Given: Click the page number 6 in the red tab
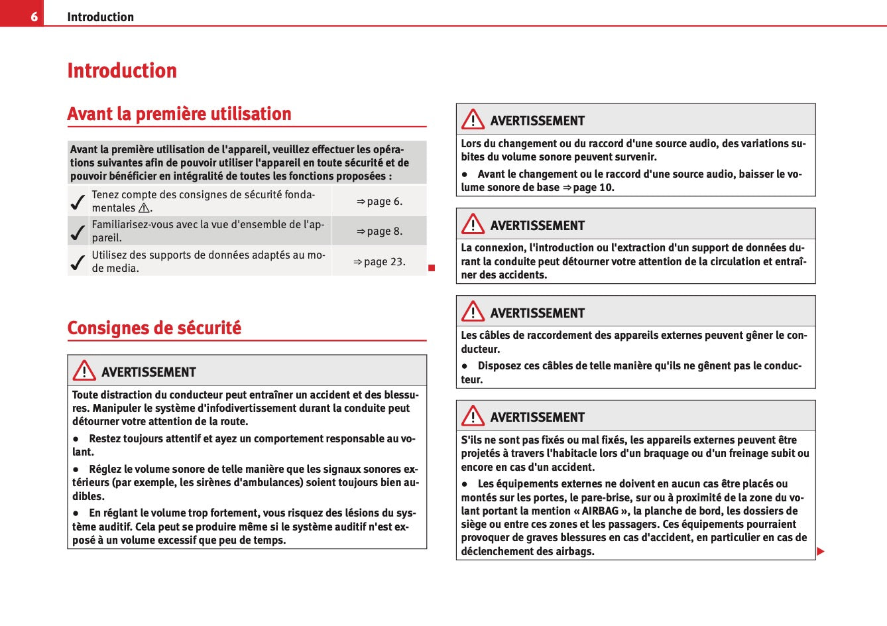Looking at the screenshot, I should click(x=34, y=17).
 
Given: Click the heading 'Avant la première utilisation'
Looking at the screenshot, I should click(x=179, y=114).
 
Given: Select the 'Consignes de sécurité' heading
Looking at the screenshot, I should click(x=154, y=328).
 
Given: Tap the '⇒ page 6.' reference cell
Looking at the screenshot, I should click(x=379, y=202).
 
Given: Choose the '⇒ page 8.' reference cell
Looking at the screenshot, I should click(x=379, y=231).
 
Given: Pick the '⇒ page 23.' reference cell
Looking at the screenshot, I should click(x=379, y=262).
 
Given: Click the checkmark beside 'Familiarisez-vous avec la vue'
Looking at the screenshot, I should click(x=78, y=232).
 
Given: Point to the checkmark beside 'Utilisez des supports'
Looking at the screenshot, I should click(x=78, y=262).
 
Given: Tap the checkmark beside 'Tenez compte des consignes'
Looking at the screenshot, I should click(x=78, y=202).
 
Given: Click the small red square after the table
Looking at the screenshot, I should click(x=431, y=268).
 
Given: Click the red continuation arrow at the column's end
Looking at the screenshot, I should click(x=820, y=552).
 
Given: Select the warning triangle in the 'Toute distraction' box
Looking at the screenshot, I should click(x=84, y=371).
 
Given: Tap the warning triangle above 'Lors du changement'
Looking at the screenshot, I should click(x=473, y=119).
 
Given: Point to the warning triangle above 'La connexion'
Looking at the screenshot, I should click(x=473, y=224).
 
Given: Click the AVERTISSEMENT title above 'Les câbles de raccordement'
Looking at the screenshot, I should click(x=537, y=313).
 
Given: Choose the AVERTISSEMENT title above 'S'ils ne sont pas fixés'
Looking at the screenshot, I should click(x=537, y=417).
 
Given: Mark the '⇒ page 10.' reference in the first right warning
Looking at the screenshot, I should click(x=589, y=188).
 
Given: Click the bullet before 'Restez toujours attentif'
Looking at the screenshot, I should click(x=77, y=439).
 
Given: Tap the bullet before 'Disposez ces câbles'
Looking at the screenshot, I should click(x=465, y=366).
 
